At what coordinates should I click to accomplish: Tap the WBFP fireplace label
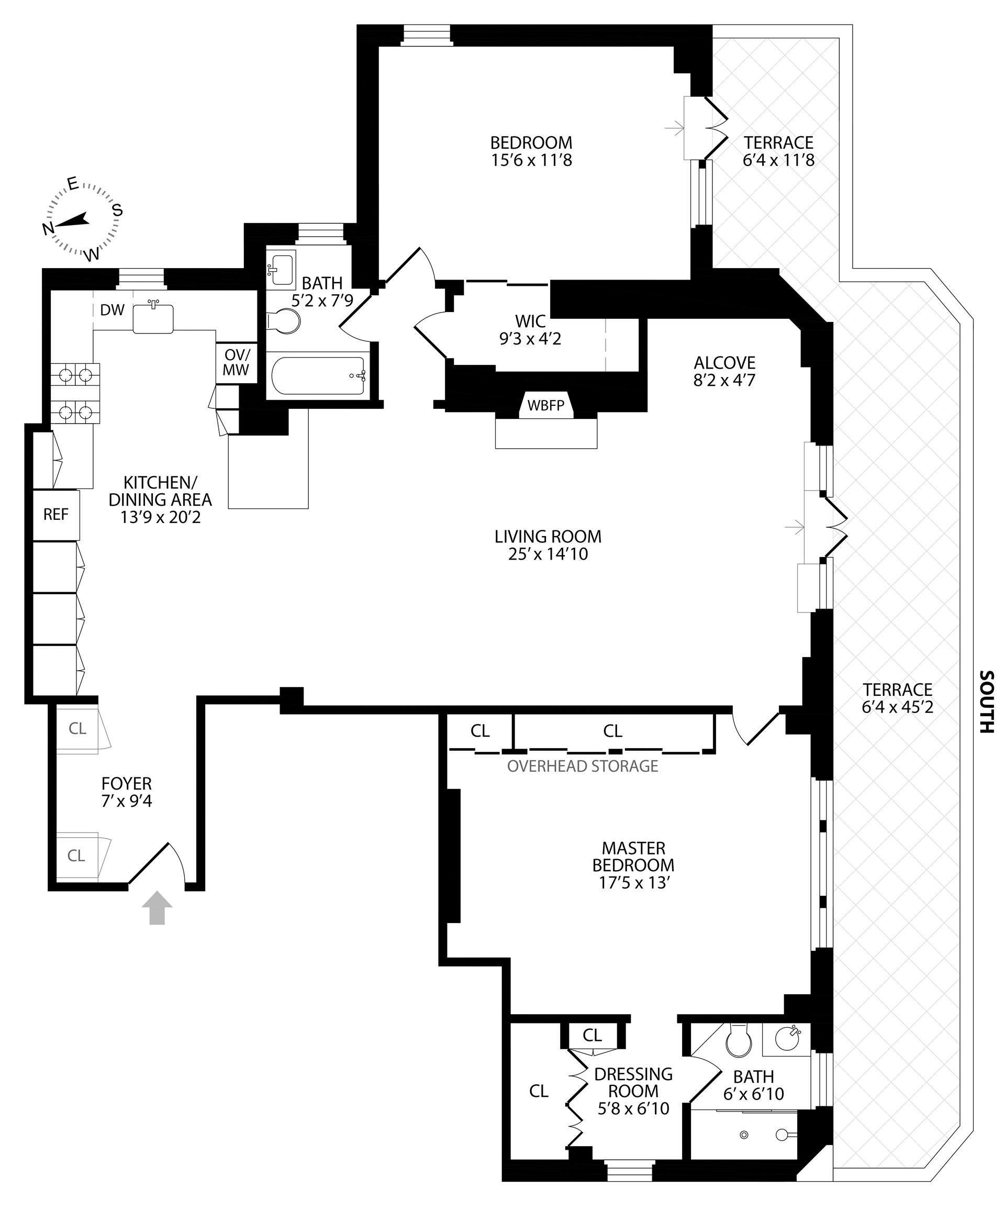[x=545, y=405]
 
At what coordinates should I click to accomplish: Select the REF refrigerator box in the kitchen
[x=56, y=514]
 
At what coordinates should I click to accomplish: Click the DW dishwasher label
[x=112, y=310]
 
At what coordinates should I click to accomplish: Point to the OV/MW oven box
[x=236, y=363]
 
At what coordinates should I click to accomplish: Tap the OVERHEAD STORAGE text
[x=583, y=766]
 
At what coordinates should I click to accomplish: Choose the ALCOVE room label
[x=724, y=363]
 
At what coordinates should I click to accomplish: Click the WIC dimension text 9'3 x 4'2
[x=530, y=339]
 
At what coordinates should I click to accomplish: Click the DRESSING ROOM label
[x=633, y=1082]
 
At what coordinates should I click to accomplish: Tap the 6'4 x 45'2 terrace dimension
[x=897, y=706]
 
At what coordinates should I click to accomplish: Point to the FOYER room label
[x=126, y=784]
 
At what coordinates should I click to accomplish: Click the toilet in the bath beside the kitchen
[x=285, y=321]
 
